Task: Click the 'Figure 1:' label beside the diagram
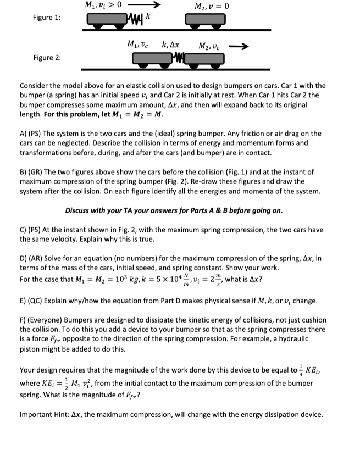point(47,18)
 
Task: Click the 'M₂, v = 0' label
point(212,6)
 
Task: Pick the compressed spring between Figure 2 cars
point(178,58)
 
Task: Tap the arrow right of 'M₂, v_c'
point(242,46)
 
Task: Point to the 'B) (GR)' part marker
point(33,172)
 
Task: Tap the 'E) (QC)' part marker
point(32,301)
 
